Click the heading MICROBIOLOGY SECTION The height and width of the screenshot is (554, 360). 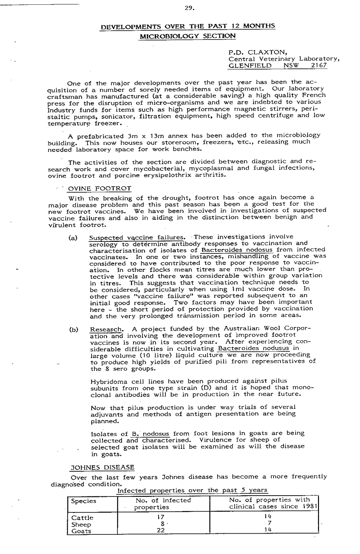pos(187,36)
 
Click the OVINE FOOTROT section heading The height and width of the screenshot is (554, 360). pos(100,188)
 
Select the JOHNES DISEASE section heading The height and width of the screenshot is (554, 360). pos(102,467)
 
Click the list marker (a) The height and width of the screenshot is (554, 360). pos(73,237)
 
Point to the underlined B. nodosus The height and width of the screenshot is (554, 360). pos(150,434)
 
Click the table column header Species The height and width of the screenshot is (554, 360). pos(84,501)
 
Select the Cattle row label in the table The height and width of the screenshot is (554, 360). pos(82,518)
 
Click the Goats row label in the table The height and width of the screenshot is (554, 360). pos(81,531)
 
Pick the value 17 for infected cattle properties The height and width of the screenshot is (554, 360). pos(162,518)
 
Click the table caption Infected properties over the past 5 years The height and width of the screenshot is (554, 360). pos(192,490)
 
